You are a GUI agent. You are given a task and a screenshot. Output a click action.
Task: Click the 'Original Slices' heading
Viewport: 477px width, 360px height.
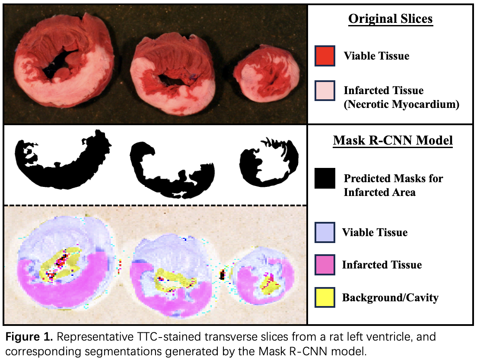[x=390, y=19]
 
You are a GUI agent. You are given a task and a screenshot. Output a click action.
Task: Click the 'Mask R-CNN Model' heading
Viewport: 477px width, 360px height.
[x=393, y=140]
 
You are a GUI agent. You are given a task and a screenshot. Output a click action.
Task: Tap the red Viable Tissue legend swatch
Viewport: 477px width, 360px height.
[x=325, y=56]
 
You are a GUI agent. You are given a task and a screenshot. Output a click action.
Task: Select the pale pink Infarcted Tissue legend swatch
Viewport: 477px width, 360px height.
[x=325, y=91]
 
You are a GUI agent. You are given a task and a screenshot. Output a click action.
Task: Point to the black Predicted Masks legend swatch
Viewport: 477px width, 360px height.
[x=325, y=178]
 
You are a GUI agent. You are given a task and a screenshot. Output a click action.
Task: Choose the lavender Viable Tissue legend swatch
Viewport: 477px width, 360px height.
[x=325, y=232]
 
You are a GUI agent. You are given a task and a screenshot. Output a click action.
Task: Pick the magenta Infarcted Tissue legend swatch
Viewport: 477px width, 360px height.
[x=325, y=265]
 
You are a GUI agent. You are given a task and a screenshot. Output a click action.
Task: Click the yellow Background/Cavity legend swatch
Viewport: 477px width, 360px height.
[x=325, y=297]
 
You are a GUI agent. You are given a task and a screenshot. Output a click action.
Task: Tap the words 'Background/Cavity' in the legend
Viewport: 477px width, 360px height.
[x=390, y=297]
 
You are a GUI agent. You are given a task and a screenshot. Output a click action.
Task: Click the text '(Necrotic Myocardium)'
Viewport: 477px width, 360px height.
[x=401, y=104]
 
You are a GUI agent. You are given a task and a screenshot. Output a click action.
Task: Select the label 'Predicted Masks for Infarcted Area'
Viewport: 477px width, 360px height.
[x=393, y=185]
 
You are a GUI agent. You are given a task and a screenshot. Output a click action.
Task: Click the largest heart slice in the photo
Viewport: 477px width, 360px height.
[x=63, y=60]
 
